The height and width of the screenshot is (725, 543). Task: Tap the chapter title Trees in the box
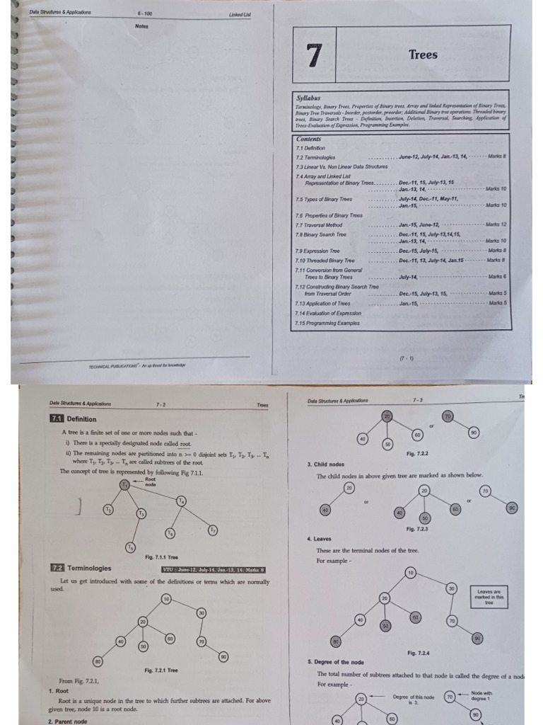(423, 55)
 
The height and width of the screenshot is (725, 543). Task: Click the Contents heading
(309, 139)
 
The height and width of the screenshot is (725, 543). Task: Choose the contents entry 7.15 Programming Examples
(327, 323)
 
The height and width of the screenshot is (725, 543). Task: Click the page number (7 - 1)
(407, 358)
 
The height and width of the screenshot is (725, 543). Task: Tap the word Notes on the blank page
(141, 26)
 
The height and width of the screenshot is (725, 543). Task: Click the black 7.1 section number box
(57, 418)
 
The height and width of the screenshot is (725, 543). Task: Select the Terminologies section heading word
(89, 568)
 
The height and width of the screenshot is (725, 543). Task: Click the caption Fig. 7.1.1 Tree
(162, 557)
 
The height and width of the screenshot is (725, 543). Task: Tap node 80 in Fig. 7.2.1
(98, 661)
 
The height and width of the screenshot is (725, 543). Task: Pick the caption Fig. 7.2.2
(417, 453)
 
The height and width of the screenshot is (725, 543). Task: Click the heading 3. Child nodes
(325, 464)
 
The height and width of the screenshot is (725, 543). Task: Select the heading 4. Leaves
(320, 539)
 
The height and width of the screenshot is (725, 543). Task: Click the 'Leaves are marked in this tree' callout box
(489, 598)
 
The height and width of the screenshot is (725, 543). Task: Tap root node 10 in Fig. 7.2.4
(411, 571)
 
